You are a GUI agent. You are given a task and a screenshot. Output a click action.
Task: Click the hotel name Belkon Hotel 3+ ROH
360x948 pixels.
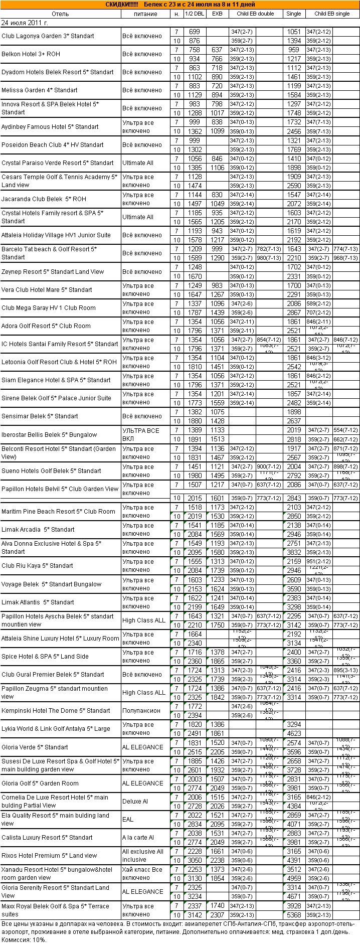coord(31,54)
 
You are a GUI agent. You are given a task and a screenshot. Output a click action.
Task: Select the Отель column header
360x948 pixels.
coord(60,14)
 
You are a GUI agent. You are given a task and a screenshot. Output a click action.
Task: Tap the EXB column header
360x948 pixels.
coord(217,14)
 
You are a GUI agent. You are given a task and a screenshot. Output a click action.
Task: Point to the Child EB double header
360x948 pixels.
coord(255,14)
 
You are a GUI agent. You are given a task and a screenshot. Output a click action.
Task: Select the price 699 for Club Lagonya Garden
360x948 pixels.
coord(195,32)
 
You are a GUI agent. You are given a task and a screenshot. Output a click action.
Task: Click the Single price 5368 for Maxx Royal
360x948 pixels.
coord(294,914)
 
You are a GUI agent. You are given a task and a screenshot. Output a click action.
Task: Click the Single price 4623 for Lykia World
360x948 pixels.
coord(294,733)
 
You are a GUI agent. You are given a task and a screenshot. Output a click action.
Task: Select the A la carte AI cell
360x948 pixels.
coord(138,838)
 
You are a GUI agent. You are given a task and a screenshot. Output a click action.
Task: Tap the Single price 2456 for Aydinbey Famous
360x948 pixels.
coord(294,131)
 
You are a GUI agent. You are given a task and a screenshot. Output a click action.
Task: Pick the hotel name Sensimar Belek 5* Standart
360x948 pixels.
coord(40,416)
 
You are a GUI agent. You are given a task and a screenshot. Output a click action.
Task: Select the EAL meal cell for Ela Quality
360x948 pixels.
coord(128,819)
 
